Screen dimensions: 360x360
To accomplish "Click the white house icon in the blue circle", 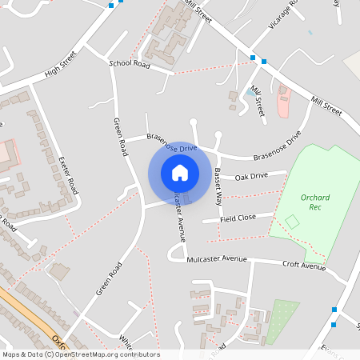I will (x=180, y=172).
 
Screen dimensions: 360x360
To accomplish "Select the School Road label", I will (x=130, y=63).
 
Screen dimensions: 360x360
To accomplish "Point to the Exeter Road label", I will (x=68, y=176).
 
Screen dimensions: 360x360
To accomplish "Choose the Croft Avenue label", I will (x=305, y=266).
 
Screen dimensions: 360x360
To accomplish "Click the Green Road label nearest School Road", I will (x=121, y=137).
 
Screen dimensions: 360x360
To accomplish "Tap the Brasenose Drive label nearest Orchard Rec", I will (x=277, y=146).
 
